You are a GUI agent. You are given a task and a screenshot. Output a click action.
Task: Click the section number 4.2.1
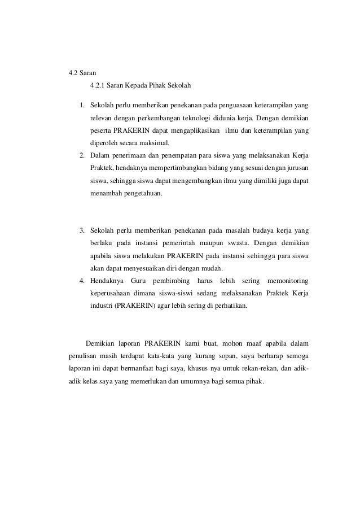tap(99, 86)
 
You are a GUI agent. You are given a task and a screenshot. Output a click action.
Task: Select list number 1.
tap(82, 105)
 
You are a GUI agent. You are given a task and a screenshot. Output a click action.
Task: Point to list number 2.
tap(82, 155)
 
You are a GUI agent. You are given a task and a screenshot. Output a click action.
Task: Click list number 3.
tap(82, 230)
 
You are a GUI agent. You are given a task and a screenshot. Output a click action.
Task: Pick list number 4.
tap(82, 281)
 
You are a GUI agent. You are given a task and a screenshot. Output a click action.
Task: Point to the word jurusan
tap(299, 168)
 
